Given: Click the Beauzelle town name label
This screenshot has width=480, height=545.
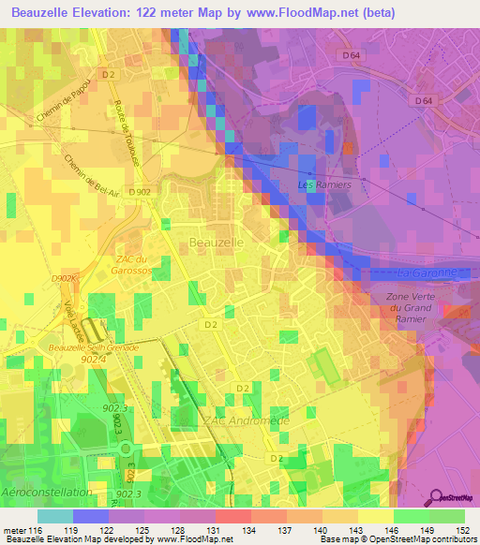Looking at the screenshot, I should (x=217, y=242).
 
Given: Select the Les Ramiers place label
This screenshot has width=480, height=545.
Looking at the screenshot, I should (x=323, y=184).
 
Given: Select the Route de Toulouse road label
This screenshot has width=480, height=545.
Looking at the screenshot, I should (x=123, y=125).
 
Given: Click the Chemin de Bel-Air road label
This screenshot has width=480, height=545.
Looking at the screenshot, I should (x=86, y=172).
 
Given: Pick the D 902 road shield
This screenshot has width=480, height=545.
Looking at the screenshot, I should (x=141, y=192).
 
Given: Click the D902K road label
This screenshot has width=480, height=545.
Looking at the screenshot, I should (x=65, y=279).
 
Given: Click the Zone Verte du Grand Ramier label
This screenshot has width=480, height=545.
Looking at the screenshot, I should (x=408, y=308).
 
